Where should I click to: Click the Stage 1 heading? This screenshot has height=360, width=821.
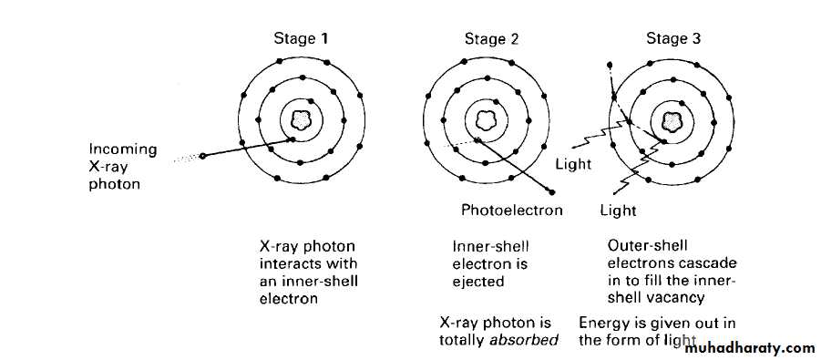(301, 39)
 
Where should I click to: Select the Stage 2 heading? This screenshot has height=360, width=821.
(492, 39)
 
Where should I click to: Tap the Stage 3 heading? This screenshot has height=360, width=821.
(673, 38)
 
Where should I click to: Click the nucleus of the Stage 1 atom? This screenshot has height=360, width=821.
(301, 120)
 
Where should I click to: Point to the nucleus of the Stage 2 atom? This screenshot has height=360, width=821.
(486, 120)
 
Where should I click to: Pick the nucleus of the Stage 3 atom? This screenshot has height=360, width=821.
(671, 121)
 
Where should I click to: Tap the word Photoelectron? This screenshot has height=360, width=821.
(511, 211)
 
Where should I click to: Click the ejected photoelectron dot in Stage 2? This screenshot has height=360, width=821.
(551, 191)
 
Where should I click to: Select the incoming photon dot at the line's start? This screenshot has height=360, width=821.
(202, 156)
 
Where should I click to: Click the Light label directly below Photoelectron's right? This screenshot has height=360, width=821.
(618, 211)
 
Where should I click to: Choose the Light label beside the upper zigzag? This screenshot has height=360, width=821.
(573, 165)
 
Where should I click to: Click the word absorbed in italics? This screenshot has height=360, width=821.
(524, 340)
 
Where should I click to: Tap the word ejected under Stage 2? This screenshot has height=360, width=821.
(478, 282)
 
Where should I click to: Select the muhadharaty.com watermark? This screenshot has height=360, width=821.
(749, 348)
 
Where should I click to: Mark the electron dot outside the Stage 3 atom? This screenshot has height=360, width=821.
(610, 65)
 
